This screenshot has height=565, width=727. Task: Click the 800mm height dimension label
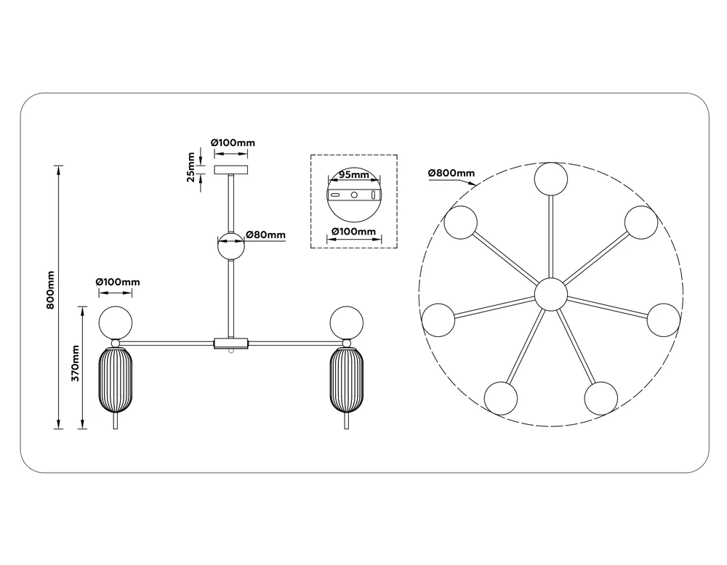pyautogui.click(x=50, y=290)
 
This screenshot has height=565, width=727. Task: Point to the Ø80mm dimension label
pyautogui.click(x=265, y=235)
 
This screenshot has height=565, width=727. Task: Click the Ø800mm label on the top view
pyautogui.click(x=451, y=173)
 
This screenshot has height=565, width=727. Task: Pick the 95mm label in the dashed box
pyautogui.click(x=354, y=176)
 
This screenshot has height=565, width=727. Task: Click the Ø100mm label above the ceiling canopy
pyautogui.click(x=233, y=143)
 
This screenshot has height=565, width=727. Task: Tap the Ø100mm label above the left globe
pyautogui.click(x=117, y=282)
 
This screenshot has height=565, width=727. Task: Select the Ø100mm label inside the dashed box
pyautogui.click(x=353, y=232)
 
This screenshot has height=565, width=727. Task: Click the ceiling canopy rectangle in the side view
pyautogui.click(x=232, y=168)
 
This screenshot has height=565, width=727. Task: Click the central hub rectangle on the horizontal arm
pyautogui.click(x=231, y=343)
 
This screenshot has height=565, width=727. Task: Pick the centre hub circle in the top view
pyautogui.click(x=550, y=293)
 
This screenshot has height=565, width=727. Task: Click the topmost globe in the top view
pyautogui.click(x=551, y=179)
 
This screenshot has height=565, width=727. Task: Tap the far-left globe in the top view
pyautogui.click(x=439, y=320)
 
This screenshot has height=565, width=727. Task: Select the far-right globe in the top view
pyautogui.click(x=663, y=320)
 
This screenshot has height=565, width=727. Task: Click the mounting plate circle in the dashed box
pyautogui.click(x=353, y=196)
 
